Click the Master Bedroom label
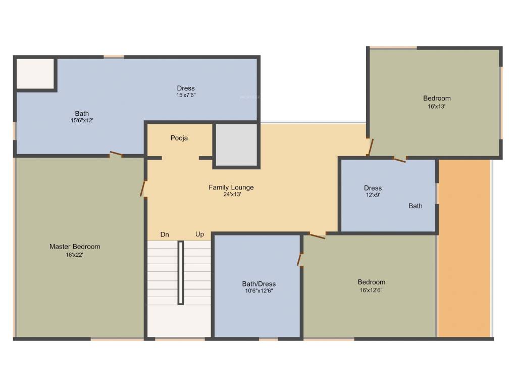tap(75, 247)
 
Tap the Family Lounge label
tap(231, 187)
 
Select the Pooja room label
tap(179, 138)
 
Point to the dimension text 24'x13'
tap(232, 195)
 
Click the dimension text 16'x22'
tap(74, 255)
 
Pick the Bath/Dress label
tap(258, 284)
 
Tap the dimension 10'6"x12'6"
tap(258, 291)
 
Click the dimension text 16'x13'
tap(437, 107)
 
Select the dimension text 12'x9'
tap(373, 195)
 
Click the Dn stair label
tap(165, 234)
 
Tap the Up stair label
tap(199, 234)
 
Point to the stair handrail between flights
tap(180, 272)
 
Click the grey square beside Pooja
tap(237, 144)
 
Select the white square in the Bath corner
tap(35, 74)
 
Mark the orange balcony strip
tap(464, 248)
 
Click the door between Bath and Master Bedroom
tap(116, 155)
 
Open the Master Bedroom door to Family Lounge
tap(143, 188)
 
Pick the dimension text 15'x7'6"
tap(186, 95)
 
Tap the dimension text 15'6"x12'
tap(82, 121)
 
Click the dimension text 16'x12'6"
tap(371, 290)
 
